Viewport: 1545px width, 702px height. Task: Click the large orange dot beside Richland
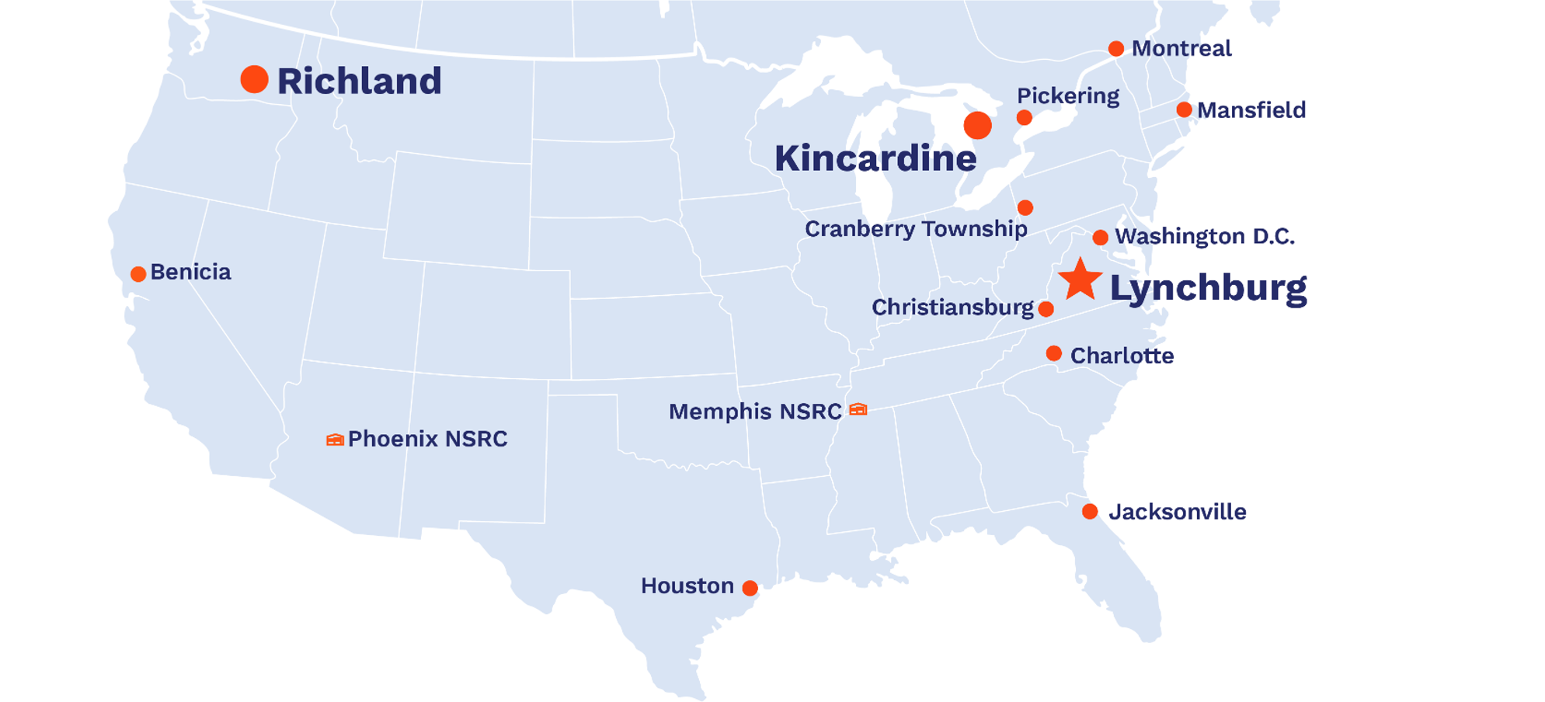point(254,79)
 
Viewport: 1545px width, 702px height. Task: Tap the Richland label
point(359,82)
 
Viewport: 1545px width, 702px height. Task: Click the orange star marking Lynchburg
point(1080,280)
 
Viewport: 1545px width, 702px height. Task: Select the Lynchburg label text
point(1208,288)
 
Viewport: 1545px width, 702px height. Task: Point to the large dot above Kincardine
point(977,125)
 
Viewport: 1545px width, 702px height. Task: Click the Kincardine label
point(875,158)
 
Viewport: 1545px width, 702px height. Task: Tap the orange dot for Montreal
point(1115,49)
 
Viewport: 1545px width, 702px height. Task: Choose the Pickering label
point(1068,96)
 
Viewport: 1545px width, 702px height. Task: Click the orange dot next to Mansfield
point(1184,109)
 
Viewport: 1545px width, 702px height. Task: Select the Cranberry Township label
point(916,229)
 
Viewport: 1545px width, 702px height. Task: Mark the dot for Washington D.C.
point(1100,237)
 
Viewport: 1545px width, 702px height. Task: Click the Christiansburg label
point(952,308)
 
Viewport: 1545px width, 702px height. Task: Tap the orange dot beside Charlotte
point(1053,354)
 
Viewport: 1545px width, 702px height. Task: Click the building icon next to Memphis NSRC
point(858,409)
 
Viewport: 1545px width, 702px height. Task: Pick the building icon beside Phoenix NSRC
point(335,440)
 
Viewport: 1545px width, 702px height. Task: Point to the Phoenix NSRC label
point(427,439)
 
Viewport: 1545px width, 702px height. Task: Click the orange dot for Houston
point(750,588)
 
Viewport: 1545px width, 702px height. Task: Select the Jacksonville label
point(1177,512)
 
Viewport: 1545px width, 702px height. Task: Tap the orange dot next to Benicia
point(138,274)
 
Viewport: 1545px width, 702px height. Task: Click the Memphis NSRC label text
point(755,412)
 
